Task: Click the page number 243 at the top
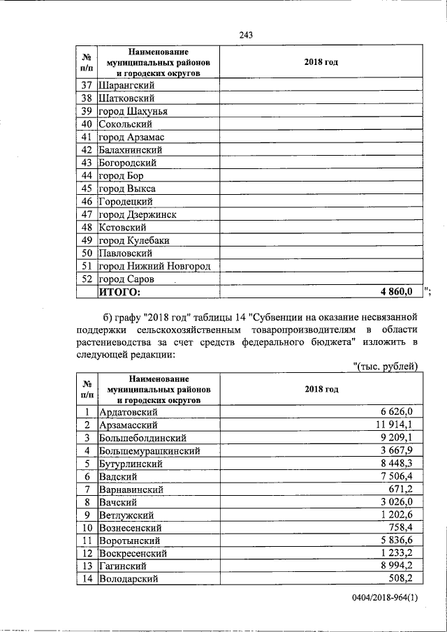245,35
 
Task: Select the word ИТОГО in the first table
119,291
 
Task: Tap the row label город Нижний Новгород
154,266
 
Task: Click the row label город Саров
126,279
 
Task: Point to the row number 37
87,85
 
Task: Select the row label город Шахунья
133,111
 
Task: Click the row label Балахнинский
131,149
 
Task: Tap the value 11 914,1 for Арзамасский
395,425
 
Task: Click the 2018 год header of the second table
321,389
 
